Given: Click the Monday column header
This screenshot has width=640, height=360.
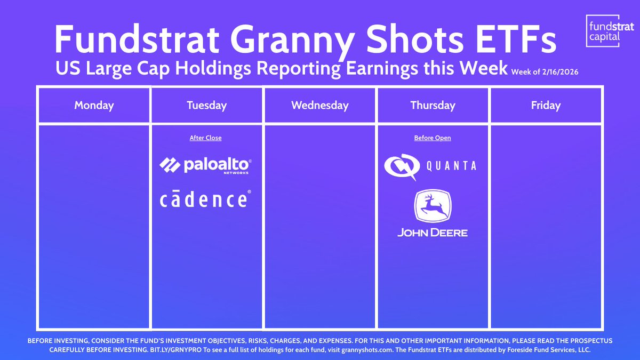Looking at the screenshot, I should click(94, 105).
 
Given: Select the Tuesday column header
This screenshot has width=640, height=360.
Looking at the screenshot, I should click(207, 105).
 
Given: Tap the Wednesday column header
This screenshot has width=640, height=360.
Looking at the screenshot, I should click(320, 105).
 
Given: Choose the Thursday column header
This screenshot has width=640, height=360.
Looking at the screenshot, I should click(433, 105).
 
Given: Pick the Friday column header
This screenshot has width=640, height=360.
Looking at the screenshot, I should click(546, 105).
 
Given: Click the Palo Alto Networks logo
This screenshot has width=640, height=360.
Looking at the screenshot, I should click(206, 165).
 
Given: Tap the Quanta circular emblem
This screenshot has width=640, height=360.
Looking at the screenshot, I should click(400, 166).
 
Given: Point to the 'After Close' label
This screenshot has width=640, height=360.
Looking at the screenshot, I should click(206, 138).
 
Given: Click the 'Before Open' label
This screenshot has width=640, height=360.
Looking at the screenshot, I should click(433, 138).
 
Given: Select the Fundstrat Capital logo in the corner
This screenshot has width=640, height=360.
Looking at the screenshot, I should click(603, 30).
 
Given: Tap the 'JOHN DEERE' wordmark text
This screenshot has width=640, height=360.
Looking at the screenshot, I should click(432, 233).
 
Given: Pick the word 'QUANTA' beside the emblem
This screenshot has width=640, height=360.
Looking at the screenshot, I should click(451, 166).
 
